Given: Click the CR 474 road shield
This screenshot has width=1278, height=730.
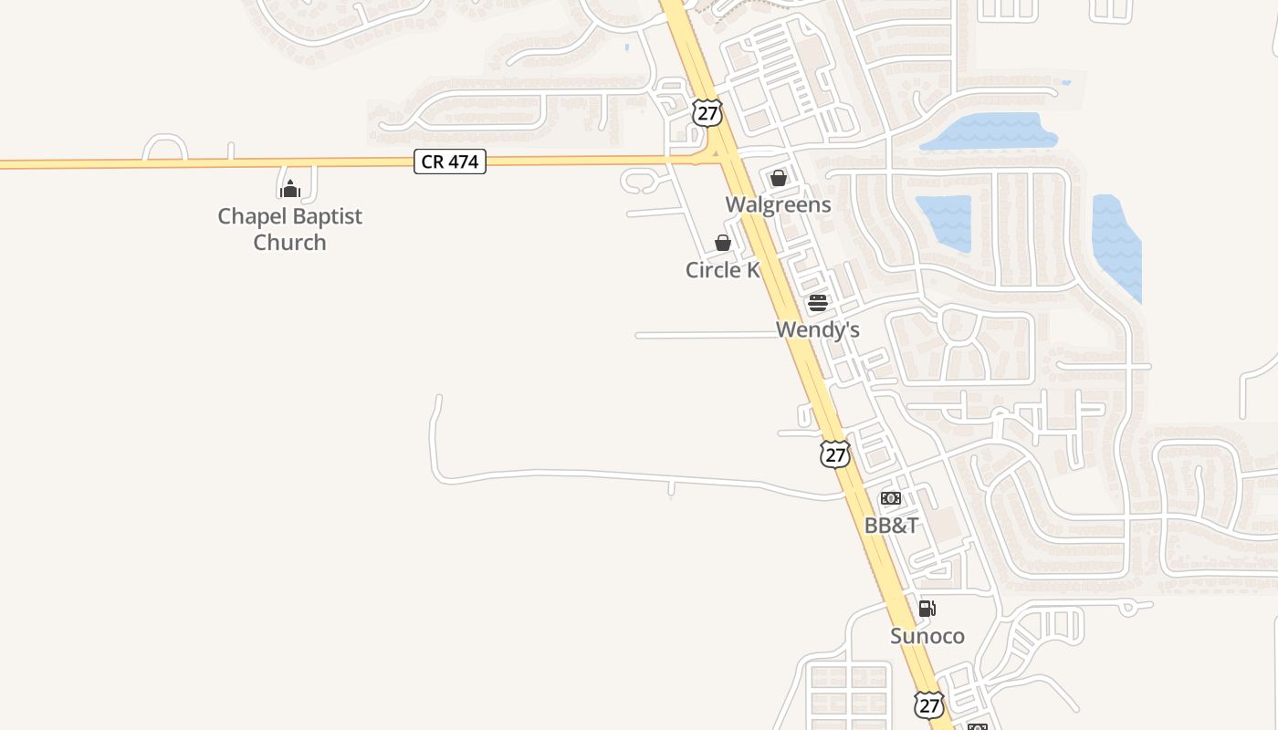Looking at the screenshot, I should pos(450,162).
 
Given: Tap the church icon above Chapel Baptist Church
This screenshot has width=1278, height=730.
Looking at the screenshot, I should pos(289,189).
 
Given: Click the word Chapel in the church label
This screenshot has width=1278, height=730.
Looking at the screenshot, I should pos(250,216).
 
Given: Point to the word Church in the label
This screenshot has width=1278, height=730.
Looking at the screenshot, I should pos(289,242).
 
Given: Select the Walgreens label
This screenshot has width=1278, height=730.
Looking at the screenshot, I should pos(778,204).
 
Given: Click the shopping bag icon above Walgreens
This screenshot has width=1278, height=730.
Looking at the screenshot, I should pos(778,178).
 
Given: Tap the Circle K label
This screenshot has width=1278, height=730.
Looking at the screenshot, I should pos(722,270).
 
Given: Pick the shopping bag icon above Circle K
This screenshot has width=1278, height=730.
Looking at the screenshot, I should pos(722,243).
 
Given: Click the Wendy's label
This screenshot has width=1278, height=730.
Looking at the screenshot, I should pos(817,329).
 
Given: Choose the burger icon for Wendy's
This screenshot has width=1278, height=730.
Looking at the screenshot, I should pos(817,303).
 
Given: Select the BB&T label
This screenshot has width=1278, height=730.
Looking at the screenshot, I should pos(891,526).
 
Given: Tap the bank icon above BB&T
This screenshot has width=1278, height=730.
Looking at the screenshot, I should pos(890,498).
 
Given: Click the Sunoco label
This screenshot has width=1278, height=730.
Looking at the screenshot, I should pos(927,636).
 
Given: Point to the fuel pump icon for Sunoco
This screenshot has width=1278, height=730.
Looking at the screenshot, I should pos(926,609).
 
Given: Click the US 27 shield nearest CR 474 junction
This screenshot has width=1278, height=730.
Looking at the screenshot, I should pos(707,112).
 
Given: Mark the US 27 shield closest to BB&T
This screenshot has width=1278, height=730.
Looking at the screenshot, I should pos(834,454).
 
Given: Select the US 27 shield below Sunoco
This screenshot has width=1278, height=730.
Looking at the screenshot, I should pos(928,704).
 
